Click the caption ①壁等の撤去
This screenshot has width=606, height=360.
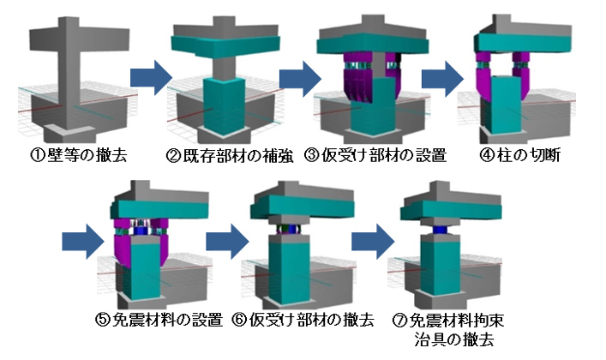click(x=79, y=155)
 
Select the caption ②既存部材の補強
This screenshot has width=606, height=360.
click(x=230, y=155)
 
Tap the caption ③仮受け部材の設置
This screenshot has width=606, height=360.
click(x=375, y=155)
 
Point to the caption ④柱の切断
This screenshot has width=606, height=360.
click(x=519, y=155)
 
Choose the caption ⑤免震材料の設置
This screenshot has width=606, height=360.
click(x=159, y=320)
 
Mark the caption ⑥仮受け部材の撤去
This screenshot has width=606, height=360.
click(x=303, y=320)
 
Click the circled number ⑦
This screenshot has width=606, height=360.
click(x=400, y=321)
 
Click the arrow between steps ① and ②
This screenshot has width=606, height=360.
click(x=151, y=78)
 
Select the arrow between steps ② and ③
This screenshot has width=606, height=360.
click(x=300, y=79)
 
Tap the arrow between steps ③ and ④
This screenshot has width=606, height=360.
click(x=443, y=79)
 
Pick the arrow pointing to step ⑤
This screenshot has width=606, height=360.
click(x=83, y=242)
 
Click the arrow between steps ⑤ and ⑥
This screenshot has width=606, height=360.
click(x=227, y=242)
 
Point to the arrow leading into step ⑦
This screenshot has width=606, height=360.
click(x=373, y=242)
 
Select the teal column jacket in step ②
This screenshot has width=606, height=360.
click(x=225, y=106)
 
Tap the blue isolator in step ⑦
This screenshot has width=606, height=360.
click(x=441, y=230)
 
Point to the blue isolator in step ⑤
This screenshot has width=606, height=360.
click(x=141, y=231)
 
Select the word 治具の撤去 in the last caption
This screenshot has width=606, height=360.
click(x=454, y=339)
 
